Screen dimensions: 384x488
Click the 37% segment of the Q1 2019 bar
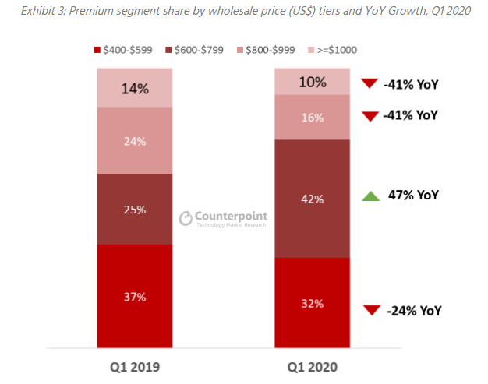coord(136,296)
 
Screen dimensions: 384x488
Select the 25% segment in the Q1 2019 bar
coord(136,209)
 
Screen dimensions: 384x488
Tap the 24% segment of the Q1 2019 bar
coord(136,141)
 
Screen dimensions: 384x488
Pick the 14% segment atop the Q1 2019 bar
coord(136,88)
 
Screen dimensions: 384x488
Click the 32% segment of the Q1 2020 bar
coord(313,302)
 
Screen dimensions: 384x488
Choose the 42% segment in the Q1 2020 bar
coord(313,199)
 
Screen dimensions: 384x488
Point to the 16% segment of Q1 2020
coord(313,118)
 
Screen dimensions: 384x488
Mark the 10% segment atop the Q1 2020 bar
coord(313,82)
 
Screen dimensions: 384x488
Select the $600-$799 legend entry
coord(194,50)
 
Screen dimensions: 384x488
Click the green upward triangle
coord(371,196)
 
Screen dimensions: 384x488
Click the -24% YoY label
coord(413,310)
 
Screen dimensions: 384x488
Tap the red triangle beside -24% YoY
coord(371,310)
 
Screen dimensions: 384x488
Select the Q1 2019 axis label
coord(136,365)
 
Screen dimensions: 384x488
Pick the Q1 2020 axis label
coord(313,365)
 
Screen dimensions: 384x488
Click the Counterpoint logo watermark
coord(221,219)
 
